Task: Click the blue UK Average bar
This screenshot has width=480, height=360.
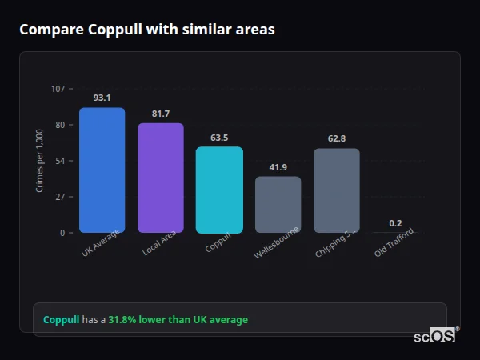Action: tap(102, 170)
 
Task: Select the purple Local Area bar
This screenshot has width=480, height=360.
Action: tap(161, 178)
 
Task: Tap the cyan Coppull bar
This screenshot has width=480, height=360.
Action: tap(219, 190)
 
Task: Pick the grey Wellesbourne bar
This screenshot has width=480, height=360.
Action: tap(278, 205)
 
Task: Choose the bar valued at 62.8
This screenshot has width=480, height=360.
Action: tap(337, 190)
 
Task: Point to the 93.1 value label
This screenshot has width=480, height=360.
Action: tap(102, 98)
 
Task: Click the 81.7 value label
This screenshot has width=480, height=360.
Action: tap(161, 114)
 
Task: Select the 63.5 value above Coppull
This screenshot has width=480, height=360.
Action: tap(219, 138)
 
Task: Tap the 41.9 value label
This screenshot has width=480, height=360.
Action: tap(278, 167)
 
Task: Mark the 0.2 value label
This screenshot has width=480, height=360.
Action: tap(395, 223)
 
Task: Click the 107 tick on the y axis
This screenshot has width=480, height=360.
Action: tap(58, 89)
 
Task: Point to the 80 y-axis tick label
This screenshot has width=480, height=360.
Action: tap(60, 125)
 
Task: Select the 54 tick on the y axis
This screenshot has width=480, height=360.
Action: tap(60, 161)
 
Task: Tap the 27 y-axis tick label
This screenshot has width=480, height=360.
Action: tap(60, 197)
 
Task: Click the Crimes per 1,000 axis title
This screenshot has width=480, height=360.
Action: tap(40, 161)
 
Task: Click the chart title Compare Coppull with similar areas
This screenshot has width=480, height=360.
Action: tap(146, 30)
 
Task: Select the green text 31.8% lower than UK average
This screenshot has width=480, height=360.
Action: tap(178, 320)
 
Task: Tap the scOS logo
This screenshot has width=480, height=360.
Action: tap(435, 337)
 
